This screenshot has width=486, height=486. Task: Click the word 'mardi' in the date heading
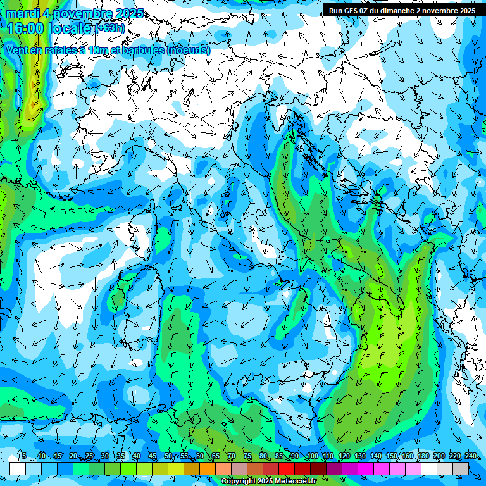point(22,13)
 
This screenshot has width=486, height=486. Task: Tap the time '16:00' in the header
point(25,28)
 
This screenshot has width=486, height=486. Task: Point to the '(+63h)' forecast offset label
point(110,28)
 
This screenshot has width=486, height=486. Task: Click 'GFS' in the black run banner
point(352,11)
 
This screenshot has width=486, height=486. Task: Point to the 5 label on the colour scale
point(23,456)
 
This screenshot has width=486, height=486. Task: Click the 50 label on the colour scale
point(168,456)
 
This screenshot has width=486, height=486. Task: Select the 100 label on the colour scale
point(312,456)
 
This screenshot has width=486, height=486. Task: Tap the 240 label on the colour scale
point(471,456)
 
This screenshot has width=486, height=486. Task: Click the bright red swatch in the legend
point(287,468)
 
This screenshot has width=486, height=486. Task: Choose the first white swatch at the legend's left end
point(18,468)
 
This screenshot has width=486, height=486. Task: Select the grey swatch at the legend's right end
point(461,468)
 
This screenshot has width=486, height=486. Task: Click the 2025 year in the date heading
point(127,13)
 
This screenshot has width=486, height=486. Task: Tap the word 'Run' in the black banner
point(336,11)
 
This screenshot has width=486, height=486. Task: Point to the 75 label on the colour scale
point(247,456)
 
